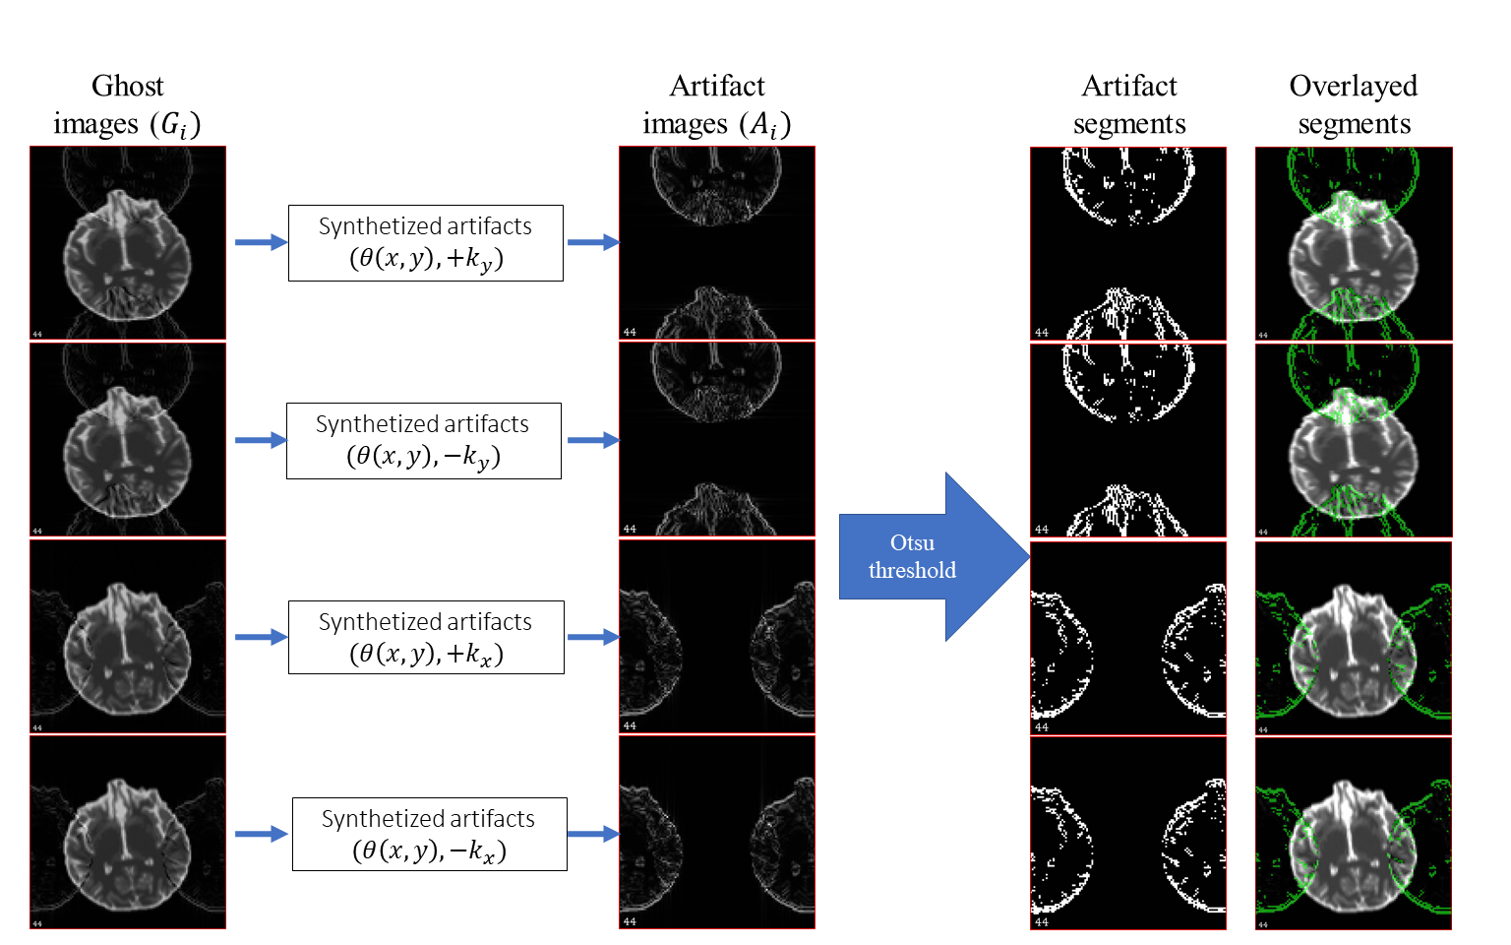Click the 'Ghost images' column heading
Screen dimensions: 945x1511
coord(127,104)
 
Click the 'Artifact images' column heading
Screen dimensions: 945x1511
coord(717,104)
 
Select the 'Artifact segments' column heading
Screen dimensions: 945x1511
coord(1129,104)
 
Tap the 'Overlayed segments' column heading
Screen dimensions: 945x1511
coord(1354,104)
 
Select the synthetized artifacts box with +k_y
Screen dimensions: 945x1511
coord(425,243)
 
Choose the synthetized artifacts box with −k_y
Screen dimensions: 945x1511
coord(423,441)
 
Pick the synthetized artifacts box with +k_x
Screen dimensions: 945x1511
coord(425,638)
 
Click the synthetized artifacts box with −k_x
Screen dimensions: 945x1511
coord(429,835)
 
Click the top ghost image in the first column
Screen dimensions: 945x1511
coord(128,243)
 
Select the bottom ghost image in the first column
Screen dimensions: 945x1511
coord(128,833)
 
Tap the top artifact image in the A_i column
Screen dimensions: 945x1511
coord(717,243)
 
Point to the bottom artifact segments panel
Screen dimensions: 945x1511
coord(1128,833)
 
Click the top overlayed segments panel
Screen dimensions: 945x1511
coord(1354,243)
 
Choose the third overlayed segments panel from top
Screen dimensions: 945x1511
coord(1354,638)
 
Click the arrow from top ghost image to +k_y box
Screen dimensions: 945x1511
coord(261,242)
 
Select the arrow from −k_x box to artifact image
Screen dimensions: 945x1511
coord(593,834)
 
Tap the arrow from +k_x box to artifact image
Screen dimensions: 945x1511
coord(593,637)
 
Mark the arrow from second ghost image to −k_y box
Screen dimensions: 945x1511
coord(261,440)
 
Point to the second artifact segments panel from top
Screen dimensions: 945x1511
coord(1128,440)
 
